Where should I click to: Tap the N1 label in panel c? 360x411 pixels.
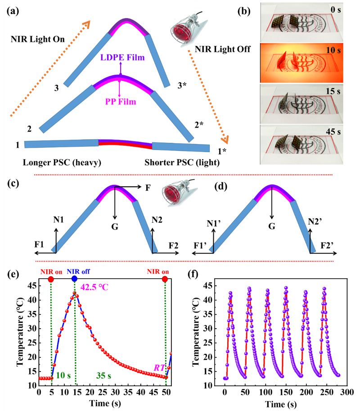coord(58,220)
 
